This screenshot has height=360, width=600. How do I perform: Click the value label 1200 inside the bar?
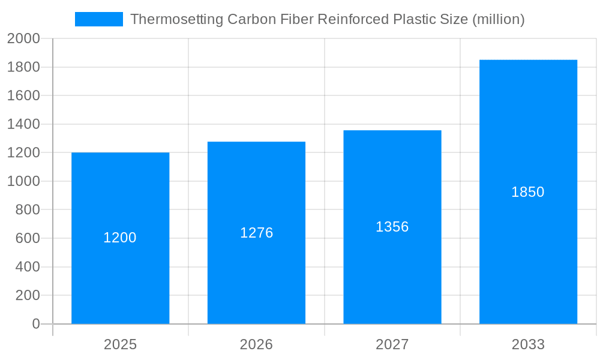[x=120, y=238]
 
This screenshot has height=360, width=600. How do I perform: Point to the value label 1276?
[x=256, y=233]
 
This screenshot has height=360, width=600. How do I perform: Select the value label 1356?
[x=392, y=227]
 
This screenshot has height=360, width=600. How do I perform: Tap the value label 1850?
[x=528, y=192]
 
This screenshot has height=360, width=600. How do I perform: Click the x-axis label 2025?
[x=120, y=344]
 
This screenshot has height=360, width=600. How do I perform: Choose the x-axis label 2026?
[x=256, y=344]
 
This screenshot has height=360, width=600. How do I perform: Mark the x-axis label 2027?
[x=392, y=344]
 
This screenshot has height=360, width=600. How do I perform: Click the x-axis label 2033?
[x=528, y=344]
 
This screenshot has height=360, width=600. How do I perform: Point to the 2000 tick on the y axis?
[x=23, y=38]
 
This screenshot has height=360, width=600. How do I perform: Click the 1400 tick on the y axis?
[x=23, y=124]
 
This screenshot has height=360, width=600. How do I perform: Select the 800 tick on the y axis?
[x=28, y=210]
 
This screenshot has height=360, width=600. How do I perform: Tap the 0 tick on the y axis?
[x=36, y=324]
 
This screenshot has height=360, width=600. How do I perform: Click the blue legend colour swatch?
[x=98, y=19]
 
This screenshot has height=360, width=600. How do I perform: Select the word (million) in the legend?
[x=499, y=19]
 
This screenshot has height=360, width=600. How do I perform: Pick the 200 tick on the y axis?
[x=28, y=295]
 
